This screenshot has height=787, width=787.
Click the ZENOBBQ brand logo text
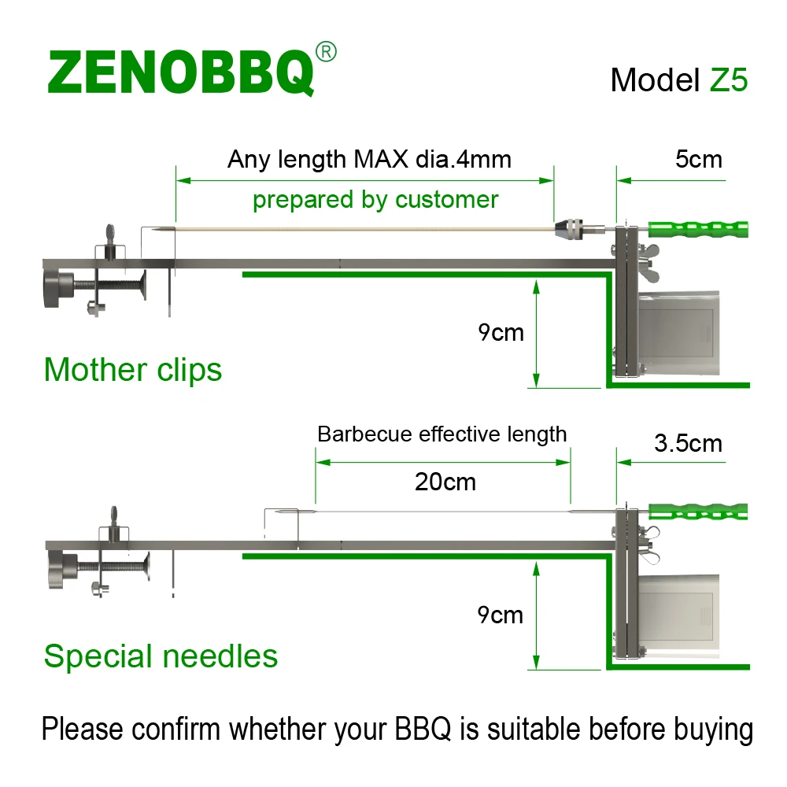pyautogui.click(x=180, y=72)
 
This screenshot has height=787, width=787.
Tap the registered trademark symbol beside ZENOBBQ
pyautogui.click(x=325, y=53)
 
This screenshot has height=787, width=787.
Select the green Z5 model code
pyautogui.click(x=729, y=79)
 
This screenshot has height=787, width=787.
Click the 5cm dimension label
pyautogui.click(x=698, y=159)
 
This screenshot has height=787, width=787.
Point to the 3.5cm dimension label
pyautogui.click(x=688, y=443)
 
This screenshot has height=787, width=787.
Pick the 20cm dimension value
pyautogui.click(x=445, y=481)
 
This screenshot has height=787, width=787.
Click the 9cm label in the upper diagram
pyautogui.click(x=501, y=332)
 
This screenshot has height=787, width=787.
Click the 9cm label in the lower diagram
pyautogui.click(x=501, y=615)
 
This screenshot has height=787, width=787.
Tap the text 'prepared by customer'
pyautogui.click(x=375, y=199)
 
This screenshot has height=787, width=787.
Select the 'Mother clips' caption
pyautogui.click(x=133, y=369)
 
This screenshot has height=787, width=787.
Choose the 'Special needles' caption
pyautogui.click(x=161, y=656)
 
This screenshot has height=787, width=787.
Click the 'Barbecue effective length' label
pyautogui.click(x=442, y=434)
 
